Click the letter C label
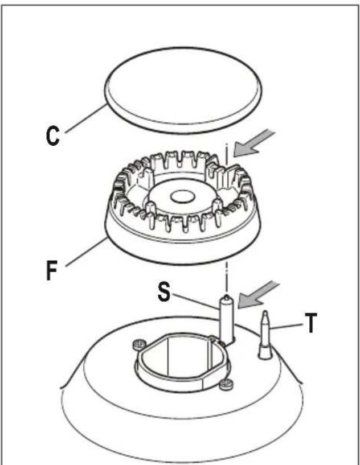53,136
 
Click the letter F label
52,270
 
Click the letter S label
164,291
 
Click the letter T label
310,323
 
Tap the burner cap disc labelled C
183,90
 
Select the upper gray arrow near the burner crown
253,143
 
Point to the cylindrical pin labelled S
227,319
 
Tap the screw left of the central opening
139,344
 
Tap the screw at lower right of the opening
226,384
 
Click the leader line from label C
86,118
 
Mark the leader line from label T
287,326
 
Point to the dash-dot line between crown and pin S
227,277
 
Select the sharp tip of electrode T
265,311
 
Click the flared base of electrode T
265,351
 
